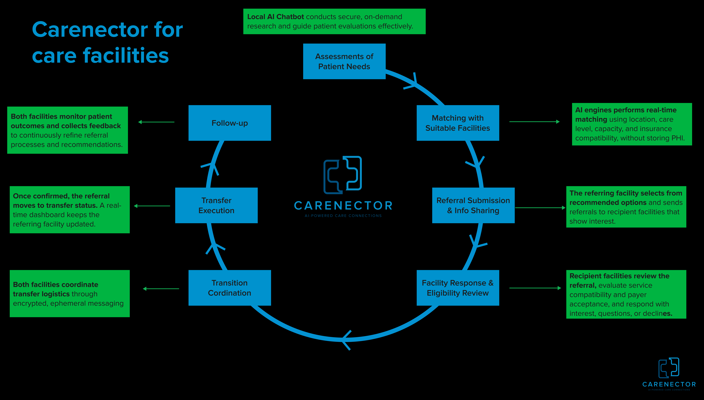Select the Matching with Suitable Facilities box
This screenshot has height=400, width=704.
point(458,123)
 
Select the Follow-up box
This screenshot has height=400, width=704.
point(230,123)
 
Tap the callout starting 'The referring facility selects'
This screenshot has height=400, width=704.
point(626,207)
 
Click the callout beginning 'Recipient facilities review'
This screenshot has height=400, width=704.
point(626,294)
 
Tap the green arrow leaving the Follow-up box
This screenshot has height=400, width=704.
point(156,122)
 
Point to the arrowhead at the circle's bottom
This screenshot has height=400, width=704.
point(346,340)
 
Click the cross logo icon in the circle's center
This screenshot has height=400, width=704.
point(343,175)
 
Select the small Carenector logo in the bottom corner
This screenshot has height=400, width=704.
point(669,374)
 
